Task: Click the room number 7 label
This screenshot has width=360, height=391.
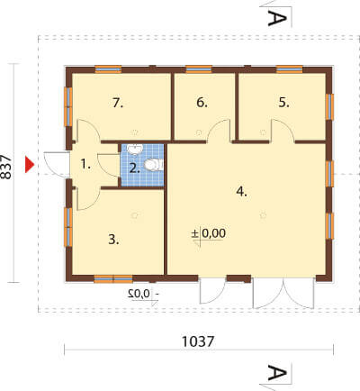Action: [118, 104]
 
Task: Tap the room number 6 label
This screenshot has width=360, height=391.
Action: [202, 103]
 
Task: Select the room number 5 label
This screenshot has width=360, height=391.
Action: [283, 103]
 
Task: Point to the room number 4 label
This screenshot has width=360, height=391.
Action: [241, 192]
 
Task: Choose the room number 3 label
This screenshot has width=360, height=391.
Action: [113, 240]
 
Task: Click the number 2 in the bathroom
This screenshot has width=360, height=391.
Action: [135, 168]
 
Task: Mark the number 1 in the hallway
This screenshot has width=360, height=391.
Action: [85, 164]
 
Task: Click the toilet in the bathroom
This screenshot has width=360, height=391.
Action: [154, 165]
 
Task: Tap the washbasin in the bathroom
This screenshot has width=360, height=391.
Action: [135, 149]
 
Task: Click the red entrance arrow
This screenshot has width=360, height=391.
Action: [30, 165]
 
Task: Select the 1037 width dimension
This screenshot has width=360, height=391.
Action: [198, 341]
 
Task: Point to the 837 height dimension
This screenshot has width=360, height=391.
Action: [6, 168]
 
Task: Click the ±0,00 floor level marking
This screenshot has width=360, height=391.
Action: [209, 233]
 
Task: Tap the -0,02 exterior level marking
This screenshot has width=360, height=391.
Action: [143, 294]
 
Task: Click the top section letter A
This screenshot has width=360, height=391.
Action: [277, 18]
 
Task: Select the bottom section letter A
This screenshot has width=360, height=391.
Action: [277, 373]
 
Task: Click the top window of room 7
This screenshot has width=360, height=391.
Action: [108, 69]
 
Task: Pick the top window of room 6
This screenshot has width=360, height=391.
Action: [199, 69]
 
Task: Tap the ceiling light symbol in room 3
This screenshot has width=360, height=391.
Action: [135, 215]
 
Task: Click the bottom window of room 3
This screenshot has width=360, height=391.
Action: [113, 279]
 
